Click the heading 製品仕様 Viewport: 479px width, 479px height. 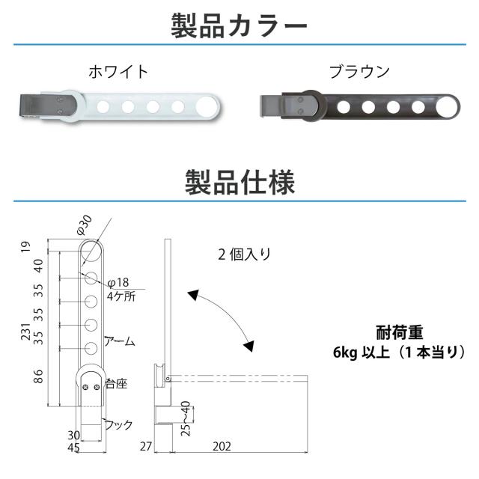pos(239,182)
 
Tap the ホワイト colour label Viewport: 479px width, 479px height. pos(119,73)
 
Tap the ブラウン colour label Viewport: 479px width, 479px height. pos(359,73)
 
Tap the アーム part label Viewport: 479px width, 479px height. pos(120,341)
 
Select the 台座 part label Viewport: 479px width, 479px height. pos(116,384)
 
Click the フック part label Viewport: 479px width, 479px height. pos(118,424)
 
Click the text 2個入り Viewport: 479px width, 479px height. pos(245,253)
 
